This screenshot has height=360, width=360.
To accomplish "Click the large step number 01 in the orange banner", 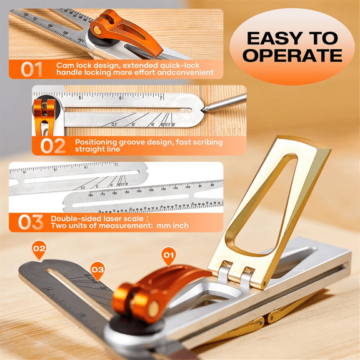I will point(31,68).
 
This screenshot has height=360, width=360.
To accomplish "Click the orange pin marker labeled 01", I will point(167,255).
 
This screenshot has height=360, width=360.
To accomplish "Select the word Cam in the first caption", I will point(64,64).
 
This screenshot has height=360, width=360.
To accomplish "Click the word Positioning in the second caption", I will point(94,142).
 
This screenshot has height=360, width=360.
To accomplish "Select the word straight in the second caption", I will point(92,150).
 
